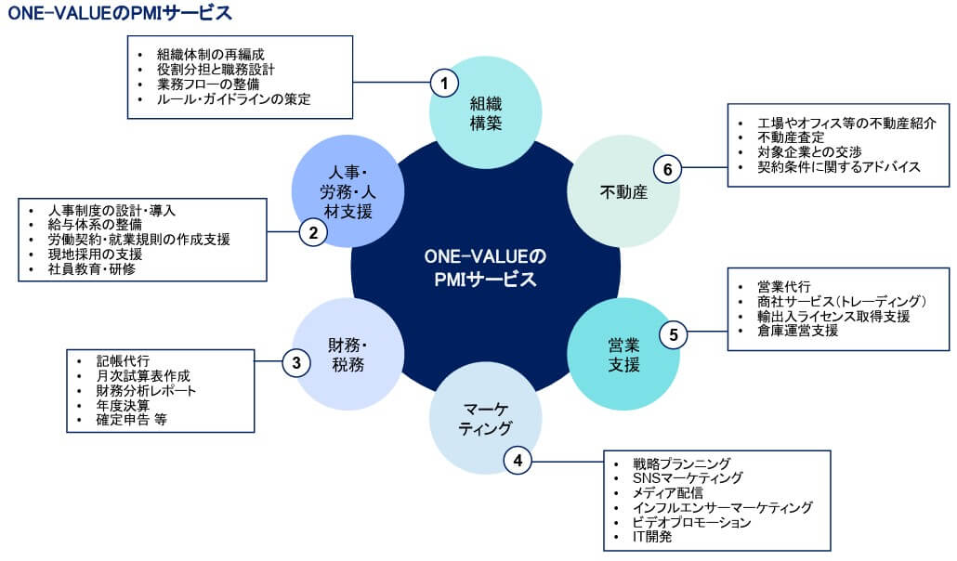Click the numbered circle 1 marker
(445, 84)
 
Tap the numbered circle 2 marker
(314, 233)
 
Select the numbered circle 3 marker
(296, 362)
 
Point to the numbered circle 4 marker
(518, 458)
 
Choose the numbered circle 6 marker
(667, 169)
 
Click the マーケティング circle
(486, 418)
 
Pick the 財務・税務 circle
(348, 354)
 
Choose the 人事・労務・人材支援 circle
(348, 192)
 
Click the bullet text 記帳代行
(123, 360)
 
